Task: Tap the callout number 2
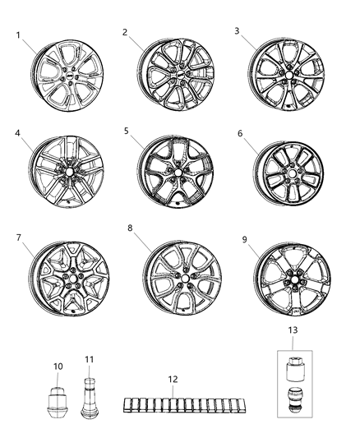(125, 32)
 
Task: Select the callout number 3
(237, 30)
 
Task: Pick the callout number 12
(172, 380)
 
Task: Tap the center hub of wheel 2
(176, 76)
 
